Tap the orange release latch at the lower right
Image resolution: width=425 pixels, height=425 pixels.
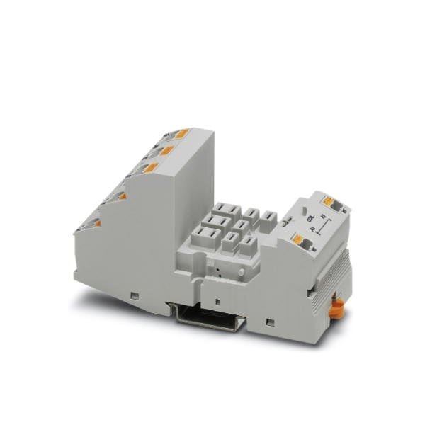pos(338,306)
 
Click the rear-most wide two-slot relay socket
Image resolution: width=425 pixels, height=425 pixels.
pos(229,210)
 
